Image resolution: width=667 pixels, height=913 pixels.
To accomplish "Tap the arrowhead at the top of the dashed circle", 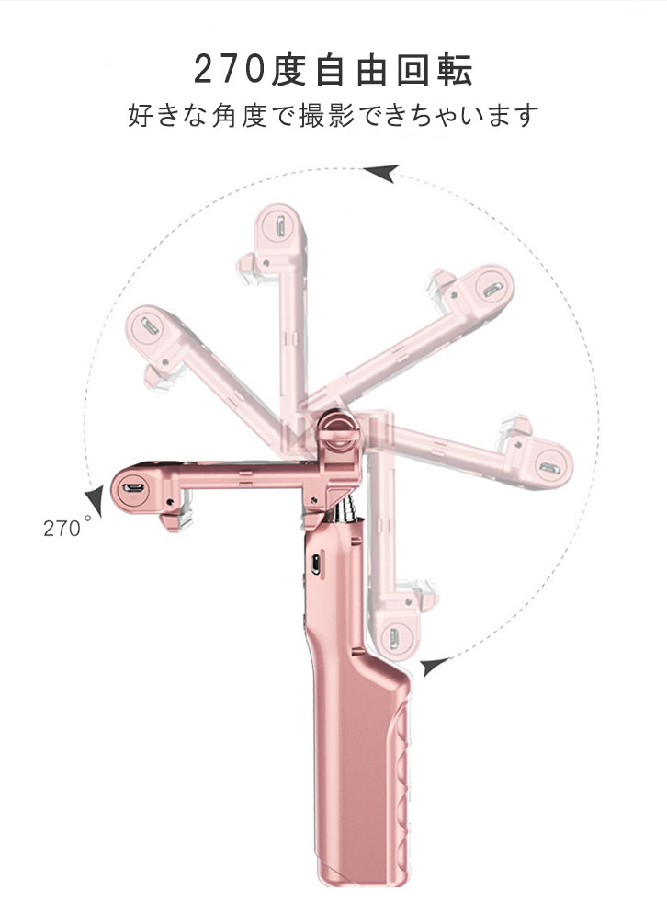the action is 382,173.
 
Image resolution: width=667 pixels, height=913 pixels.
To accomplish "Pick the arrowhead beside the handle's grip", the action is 435,666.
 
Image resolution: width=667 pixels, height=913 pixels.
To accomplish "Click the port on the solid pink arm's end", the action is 133,486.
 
